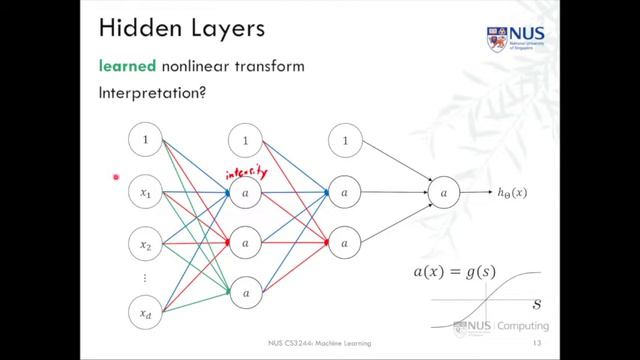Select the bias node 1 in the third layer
(x=345, y=140)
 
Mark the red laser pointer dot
(x=117, y=178)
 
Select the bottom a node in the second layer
(x=245, y=293)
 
